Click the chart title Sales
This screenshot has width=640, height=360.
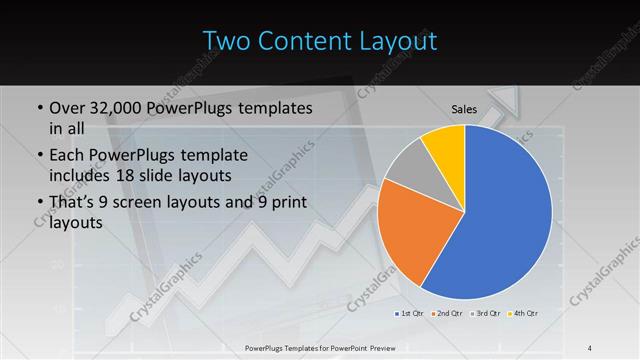coord(463,109)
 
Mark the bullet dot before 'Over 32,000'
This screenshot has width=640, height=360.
coord(38,108)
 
